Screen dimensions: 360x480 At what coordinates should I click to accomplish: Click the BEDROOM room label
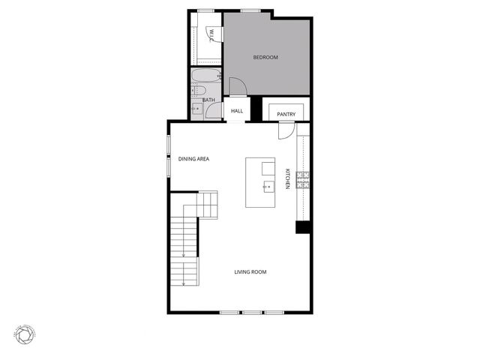265,58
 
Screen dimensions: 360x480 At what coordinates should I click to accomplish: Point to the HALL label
237,111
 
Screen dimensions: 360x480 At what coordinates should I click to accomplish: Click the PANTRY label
286,114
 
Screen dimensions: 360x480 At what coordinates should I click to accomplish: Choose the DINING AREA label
193,159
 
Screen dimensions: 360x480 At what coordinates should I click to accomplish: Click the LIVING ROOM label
250,272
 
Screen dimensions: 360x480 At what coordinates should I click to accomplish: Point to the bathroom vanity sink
197,109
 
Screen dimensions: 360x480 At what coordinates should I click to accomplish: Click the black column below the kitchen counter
303,226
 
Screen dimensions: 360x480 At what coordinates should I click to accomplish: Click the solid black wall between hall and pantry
256,109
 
